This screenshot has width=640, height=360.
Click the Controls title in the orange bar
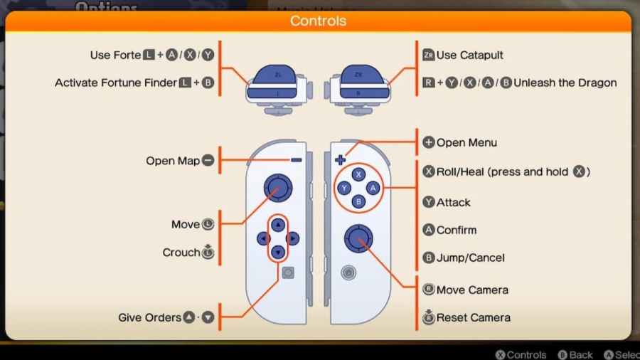tap(318, 21)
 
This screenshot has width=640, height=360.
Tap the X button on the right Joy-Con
tap(358, 174)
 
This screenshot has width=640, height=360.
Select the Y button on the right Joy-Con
tap(344, 188)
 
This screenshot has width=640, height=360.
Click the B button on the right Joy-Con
tap(358, 202)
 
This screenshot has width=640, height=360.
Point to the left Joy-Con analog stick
tap(277, 188)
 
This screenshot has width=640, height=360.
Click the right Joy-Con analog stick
tap(358, 238)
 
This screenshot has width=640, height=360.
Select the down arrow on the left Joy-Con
tap(278, 252)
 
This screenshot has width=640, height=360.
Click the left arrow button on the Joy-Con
tap(264, 238)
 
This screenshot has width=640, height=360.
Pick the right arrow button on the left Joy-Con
tap(292, 238)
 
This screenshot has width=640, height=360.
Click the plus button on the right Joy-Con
tap(340, 160)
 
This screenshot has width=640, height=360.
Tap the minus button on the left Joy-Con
tap(296, 161)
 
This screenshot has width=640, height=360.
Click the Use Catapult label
tap(470, 55)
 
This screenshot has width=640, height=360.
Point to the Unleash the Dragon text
tap(565, 83)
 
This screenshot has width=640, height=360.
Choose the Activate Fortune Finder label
tap(116, 83)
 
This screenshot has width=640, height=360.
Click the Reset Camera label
tap(473, 317)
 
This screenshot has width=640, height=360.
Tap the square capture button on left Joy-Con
tap(288, 272)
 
